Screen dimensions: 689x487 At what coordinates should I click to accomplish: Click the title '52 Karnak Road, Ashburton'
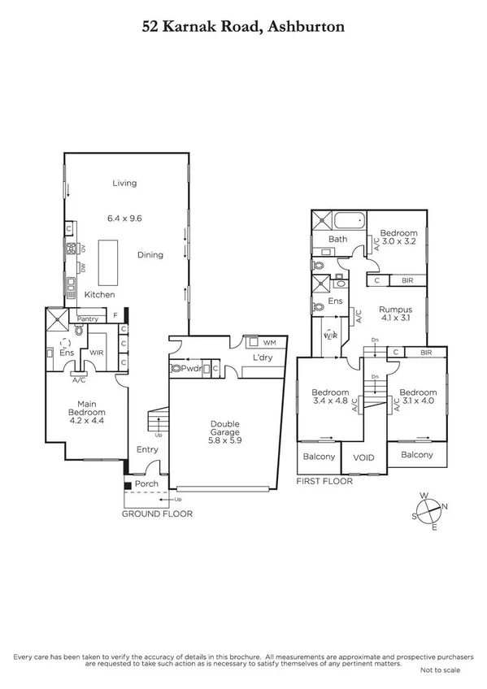coord(243,26)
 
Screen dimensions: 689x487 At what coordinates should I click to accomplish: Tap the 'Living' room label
coord(124,183)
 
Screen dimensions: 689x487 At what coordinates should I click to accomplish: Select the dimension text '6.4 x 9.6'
coord(124,218)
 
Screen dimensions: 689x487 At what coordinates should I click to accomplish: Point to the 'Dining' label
coord(150,254)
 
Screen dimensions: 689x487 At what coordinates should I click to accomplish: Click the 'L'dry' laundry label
coord(262,358)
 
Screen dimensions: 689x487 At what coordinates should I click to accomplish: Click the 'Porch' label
coord(146,484)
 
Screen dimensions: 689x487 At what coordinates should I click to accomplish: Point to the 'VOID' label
coord(363,457)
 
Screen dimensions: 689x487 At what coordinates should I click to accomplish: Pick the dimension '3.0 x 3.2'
coord(399,241)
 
